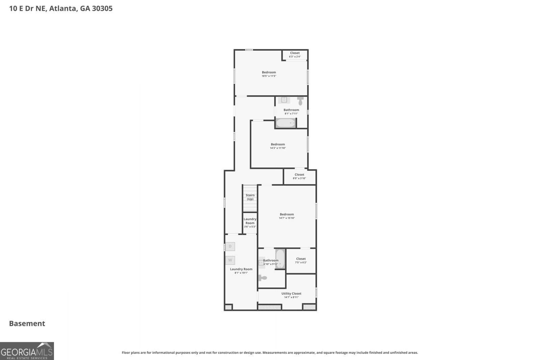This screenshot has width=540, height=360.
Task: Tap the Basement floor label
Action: pos(27,324)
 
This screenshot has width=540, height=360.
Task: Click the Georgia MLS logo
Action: pos(27,351)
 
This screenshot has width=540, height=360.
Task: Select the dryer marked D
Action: pos(230,247)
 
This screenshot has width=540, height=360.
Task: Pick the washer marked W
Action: pos(230,260)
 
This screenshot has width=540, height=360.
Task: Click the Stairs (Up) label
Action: pos(250,197)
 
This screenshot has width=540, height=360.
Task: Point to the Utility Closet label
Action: pos(291,293)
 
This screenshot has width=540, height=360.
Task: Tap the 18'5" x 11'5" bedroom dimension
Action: pos(269,76)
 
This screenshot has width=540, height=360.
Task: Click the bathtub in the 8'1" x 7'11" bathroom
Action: pos(286,123)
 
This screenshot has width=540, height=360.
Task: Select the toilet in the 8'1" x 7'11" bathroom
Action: pos(300,101)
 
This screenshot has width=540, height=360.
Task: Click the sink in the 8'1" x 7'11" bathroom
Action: pos(284,100)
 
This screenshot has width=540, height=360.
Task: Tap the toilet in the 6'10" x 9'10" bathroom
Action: pos(263,278)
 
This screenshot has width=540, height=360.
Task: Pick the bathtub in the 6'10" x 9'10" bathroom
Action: pos(280,259)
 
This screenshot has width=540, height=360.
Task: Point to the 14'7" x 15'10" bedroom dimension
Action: pos(287,218)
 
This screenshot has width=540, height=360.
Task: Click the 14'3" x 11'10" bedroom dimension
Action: pos(278,148)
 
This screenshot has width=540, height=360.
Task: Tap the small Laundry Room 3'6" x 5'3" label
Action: pos(250,223)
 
